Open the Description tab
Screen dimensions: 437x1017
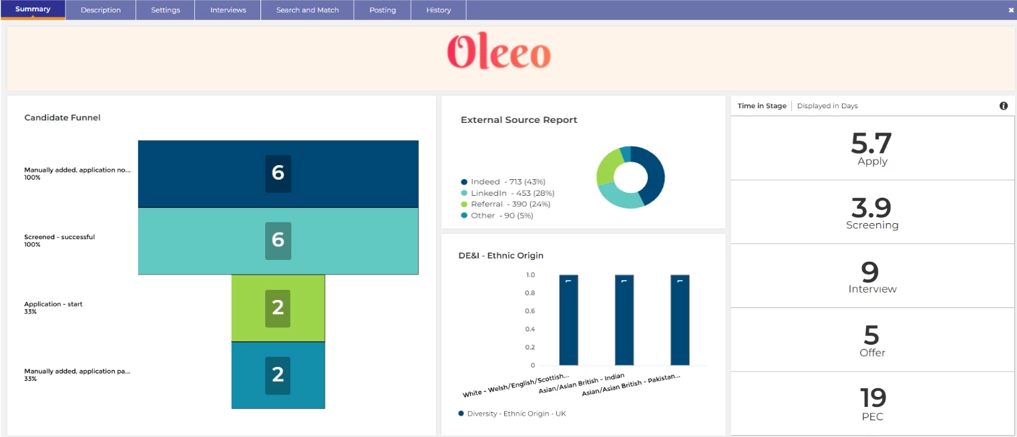coord(101,10)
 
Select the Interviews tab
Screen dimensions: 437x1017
coord(228,10)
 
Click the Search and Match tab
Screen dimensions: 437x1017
coord(307,10)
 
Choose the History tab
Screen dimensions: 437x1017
coord(438,10)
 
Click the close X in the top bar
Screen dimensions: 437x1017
coord(1011,10)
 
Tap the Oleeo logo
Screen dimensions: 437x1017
coord(499,52)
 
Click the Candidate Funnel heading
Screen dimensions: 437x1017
coord(62,118)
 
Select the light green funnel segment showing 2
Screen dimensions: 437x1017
coord(278,308)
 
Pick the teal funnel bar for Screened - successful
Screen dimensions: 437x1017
coord(278,241)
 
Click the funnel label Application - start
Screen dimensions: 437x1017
coord(53,304)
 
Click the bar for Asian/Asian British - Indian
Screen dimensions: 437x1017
coord(624,321)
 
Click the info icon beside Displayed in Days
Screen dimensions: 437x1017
coord(1003,106)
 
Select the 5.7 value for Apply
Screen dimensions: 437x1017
coord(871,143)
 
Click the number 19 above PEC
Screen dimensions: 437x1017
coord(872,398)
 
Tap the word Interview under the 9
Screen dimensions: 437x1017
coord(872,289)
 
